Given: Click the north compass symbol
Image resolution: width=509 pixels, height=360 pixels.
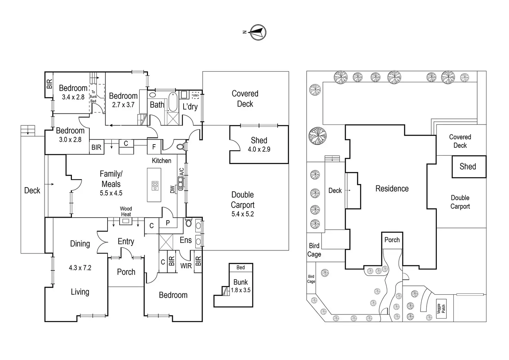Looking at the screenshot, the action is pyautogui.click(x=258, y=33).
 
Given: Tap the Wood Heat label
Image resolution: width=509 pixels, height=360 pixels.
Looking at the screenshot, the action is pyautogui.click(x=126, y=211).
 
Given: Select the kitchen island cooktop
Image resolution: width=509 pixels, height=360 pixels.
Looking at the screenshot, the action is pyautogui.click(x=155, y=186).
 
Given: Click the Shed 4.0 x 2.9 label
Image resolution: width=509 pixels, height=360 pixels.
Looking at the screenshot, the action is pyautogui.click(x=259, y=145).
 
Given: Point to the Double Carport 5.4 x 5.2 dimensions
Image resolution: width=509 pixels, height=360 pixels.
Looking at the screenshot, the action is pyautogui.click(x=242, y=214).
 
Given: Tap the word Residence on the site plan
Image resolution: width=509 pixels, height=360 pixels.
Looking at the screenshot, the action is pyautogui.click(x=392, y=188).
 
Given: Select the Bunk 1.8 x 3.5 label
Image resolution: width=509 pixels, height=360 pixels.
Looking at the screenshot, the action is pyautogui.click(x=241, y=286).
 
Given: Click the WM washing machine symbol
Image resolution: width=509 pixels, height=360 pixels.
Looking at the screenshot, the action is pyautogui.click(x=195, y=95).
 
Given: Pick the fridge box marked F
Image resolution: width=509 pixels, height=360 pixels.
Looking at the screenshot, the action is pyautogui.click(x=154, y=147).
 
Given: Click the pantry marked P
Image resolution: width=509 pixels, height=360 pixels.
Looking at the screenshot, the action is pyautogui.click(x=168, y=223).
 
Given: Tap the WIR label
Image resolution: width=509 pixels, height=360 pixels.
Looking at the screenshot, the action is pyautogui.click(x=186, y=266).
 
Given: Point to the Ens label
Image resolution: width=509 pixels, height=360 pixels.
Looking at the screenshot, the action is pyautogui.click(x=186, y=240).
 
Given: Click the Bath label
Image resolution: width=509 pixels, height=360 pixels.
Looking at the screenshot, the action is pyautogui.click(x=157, y=104).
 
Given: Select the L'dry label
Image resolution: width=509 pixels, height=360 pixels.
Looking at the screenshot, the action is pyautogui.click(x=190, y=107).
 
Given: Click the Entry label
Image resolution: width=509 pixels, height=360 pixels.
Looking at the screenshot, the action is pyautogui.click(x=126, y=241).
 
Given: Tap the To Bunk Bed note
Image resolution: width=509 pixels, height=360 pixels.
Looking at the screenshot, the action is pyautogui.click(x=93, y=96).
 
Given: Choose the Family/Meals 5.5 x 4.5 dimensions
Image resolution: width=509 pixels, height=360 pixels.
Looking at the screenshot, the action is pyautogui.click(x=111, y=193).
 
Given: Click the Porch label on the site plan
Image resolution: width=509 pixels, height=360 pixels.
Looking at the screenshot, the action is pyautogui.click(x=392, y=240).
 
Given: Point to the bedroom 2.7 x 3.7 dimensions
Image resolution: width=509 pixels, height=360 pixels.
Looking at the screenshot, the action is pyautogui.click(x=123, y=105).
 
